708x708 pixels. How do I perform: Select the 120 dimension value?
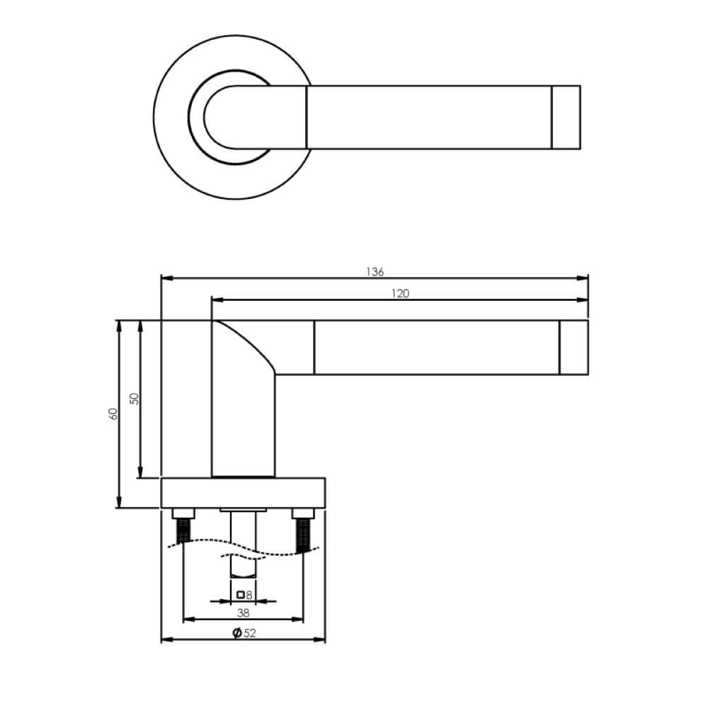pyautogui.click(x=401, y=294)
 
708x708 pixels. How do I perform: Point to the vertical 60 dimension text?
pyautogui.click(x=113, y=414)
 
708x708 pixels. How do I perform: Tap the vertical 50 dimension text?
pyautogui.click(x=135, y=399)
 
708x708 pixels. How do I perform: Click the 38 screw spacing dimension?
pyautogui.click(x=244, y=612)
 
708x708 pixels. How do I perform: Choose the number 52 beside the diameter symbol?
pyautogui.click(x=249, y=633)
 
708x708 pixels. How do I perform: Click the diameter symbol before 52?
pyautogui.click(x=237, y=633)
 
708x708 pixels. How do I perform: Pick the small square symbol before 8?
pyautogui.click(x=241, y=594)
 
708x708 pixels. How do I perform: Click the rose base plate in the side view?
pyautogui.click(x=244, y=493)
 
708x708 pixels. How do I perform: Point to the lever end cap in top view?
pyautogui.click(x=566, y=118)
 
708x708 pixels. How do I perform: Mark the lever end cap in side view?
pyautogui.click(x=573, y=347)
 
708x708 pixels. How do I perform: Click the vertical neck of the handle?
pyautogui.click(x=243, y=425)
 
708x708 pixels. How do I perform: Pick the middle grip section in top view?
pyautogui.click(x=428, y=118)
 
